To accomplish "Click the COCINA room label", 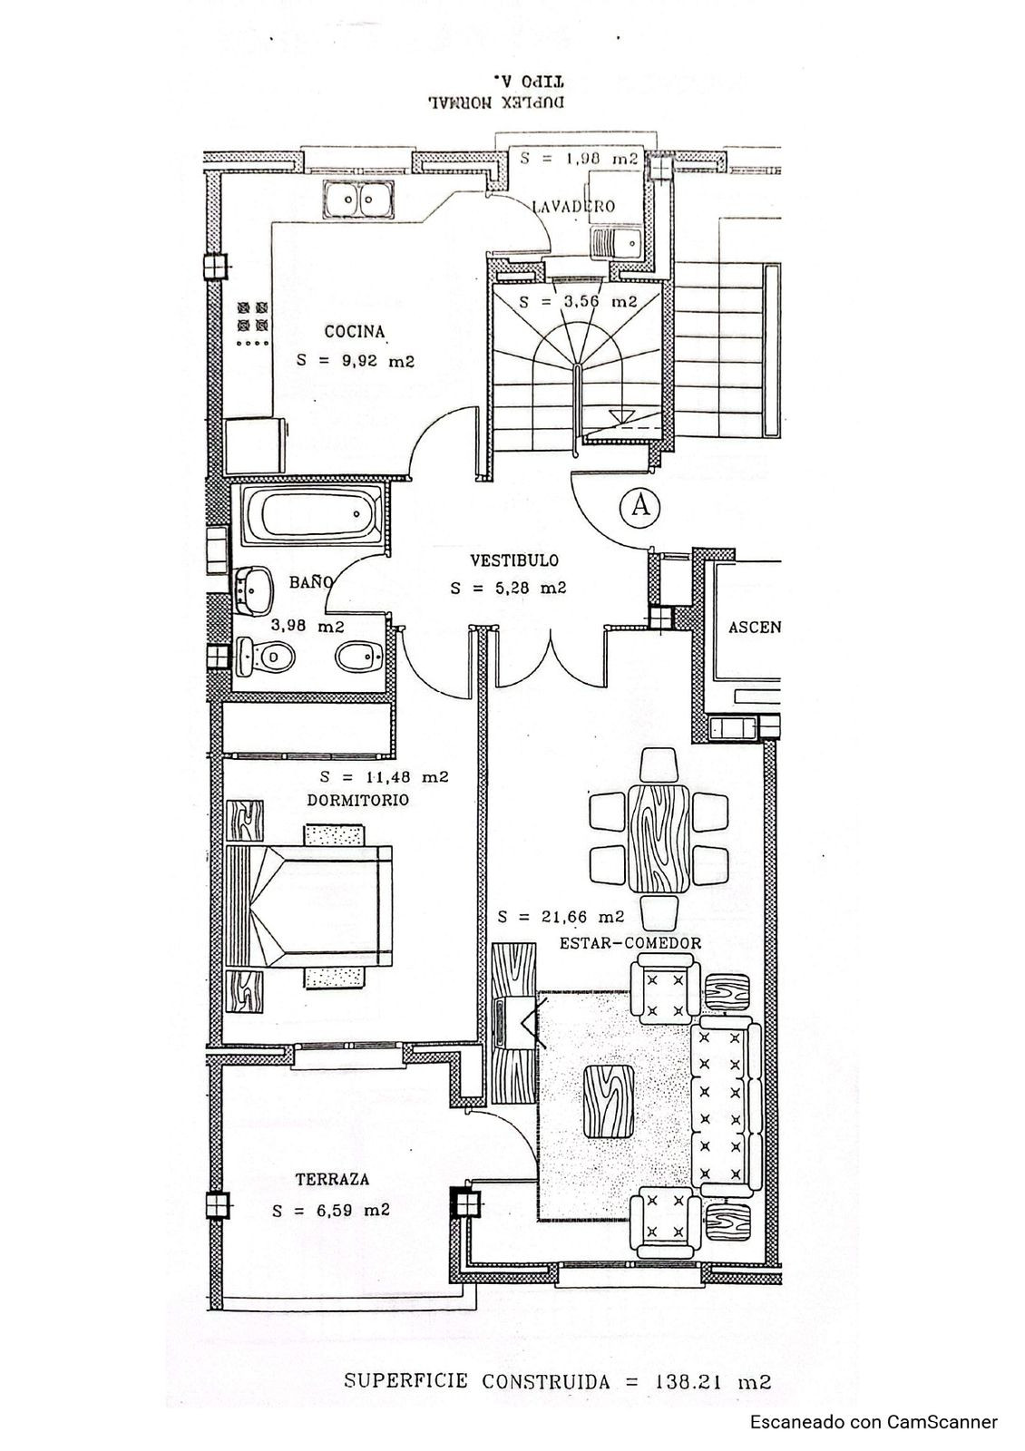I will point(355,332).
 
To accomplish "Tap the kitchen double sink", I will point(359,199).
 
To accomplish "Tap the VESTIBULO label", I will point(513,560).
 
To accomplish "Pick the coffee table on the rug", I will point(609,1102).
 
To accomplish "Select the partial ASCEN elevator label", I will point(752,628).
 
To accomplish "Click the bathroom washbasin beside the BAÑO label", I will point(255,589).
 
